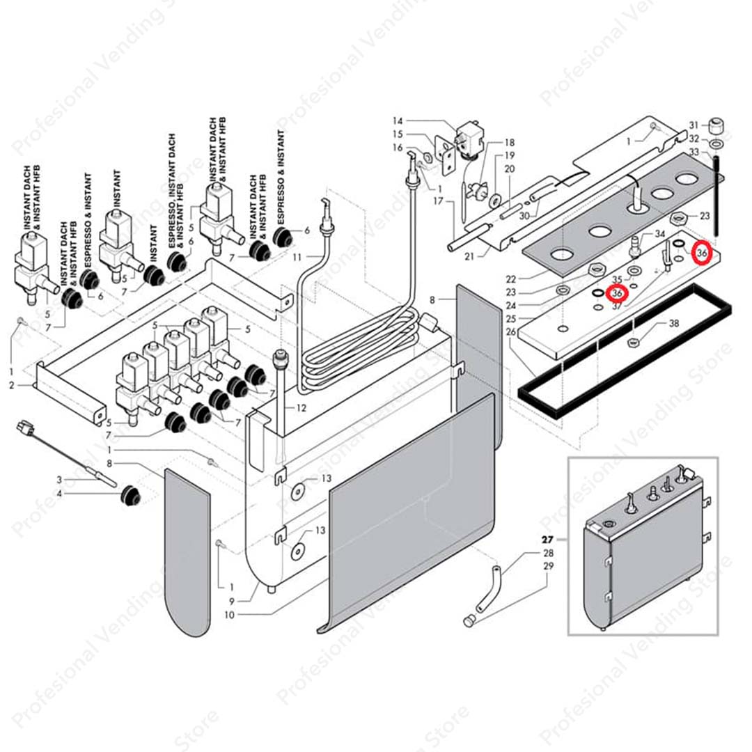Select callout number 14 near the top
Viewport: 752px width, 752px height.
(x=398, y=120)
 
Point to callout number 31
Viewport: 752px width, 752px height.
(x=694, y=125)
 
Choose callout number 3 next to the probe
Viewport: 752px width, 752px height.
(x=60, y=480)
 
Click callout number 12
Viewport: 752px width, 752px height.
(x=301, y=407)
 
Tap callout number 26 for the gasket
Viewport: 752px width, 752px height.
(x=512, y=332)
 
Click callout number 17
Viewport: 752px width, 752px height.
(x=438, y=201)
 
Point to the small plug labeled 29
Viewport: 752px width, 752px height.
(x=469, y=618)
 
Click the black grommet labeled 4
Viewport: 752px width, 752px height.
(x=129, y=496)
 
